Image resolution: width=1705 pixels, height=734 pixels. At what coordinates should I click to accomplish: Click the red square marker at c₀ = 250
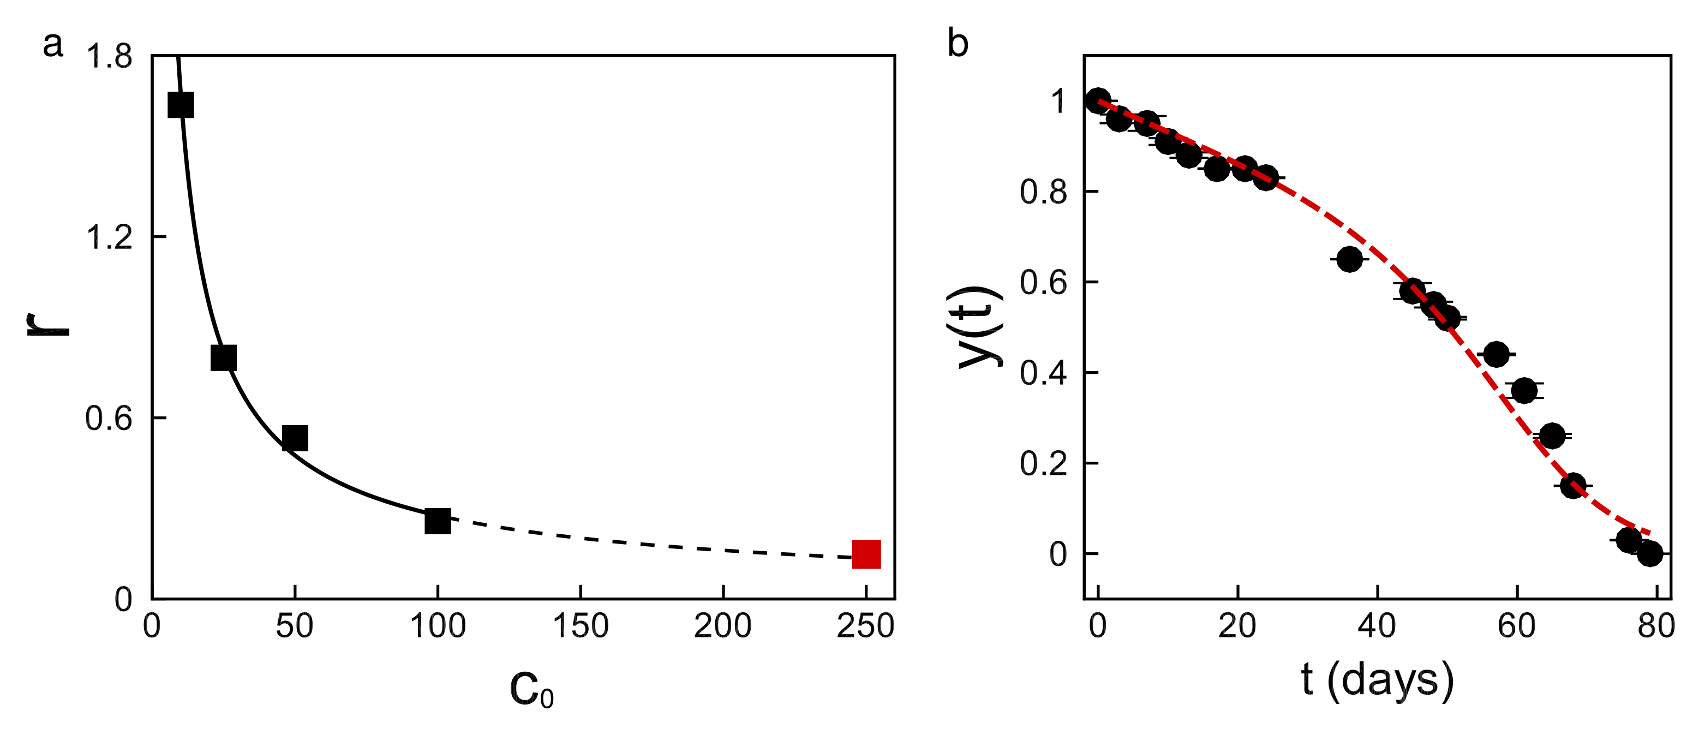pos(866,554)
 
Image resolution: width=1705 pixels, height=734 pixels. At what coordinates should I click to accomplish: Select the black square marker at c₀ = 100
pos(438,521)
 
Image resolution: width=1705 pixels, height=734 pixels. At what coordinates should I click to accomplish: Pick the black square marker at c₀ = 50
pos(295,438)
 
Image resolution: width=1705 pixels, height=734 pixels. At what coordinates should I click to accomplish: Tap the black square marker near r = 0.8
pos(223,357)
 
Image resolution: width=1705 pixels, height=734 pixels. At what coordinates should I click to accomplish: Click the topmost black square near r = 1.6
pos(181,105)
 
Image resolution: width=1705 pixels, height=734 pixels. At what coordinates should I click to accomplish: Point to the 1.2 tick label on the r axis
pos(109,237)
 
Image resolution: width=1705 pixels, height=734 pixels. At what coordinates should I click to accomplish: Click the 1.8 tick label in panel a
pos(109,56)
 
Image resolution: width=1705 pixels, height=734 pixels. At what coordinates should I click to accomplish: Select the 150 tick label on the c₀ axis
pos(581,626)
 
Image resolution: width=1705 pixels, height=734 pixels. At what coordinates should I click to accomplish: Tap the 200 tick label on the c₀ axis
pos(723,626)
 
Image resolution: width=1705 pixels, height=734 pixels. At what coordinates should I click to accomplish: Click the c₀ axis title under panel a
pos(531,690)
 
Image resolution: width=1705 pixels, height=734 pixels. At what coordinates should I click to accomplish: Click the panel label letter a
pos(53,45)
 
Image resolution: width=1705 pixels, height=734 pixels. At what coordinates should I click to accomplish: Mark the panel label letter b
pos(958,44)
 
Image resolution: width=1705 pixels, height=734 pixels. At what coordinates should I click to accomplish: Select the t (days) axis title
pos(1377,681)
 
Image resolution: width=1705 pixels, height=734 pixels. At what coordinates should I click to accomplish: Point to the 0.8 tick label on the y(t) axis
pos(1044,192)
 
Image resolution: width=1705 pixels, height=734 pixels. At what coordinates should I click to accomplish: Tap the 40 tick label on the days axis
pos(1377,626)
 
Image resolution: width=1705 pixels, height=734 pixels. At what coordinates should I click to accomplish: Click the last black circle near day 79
pos(1650,553)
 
